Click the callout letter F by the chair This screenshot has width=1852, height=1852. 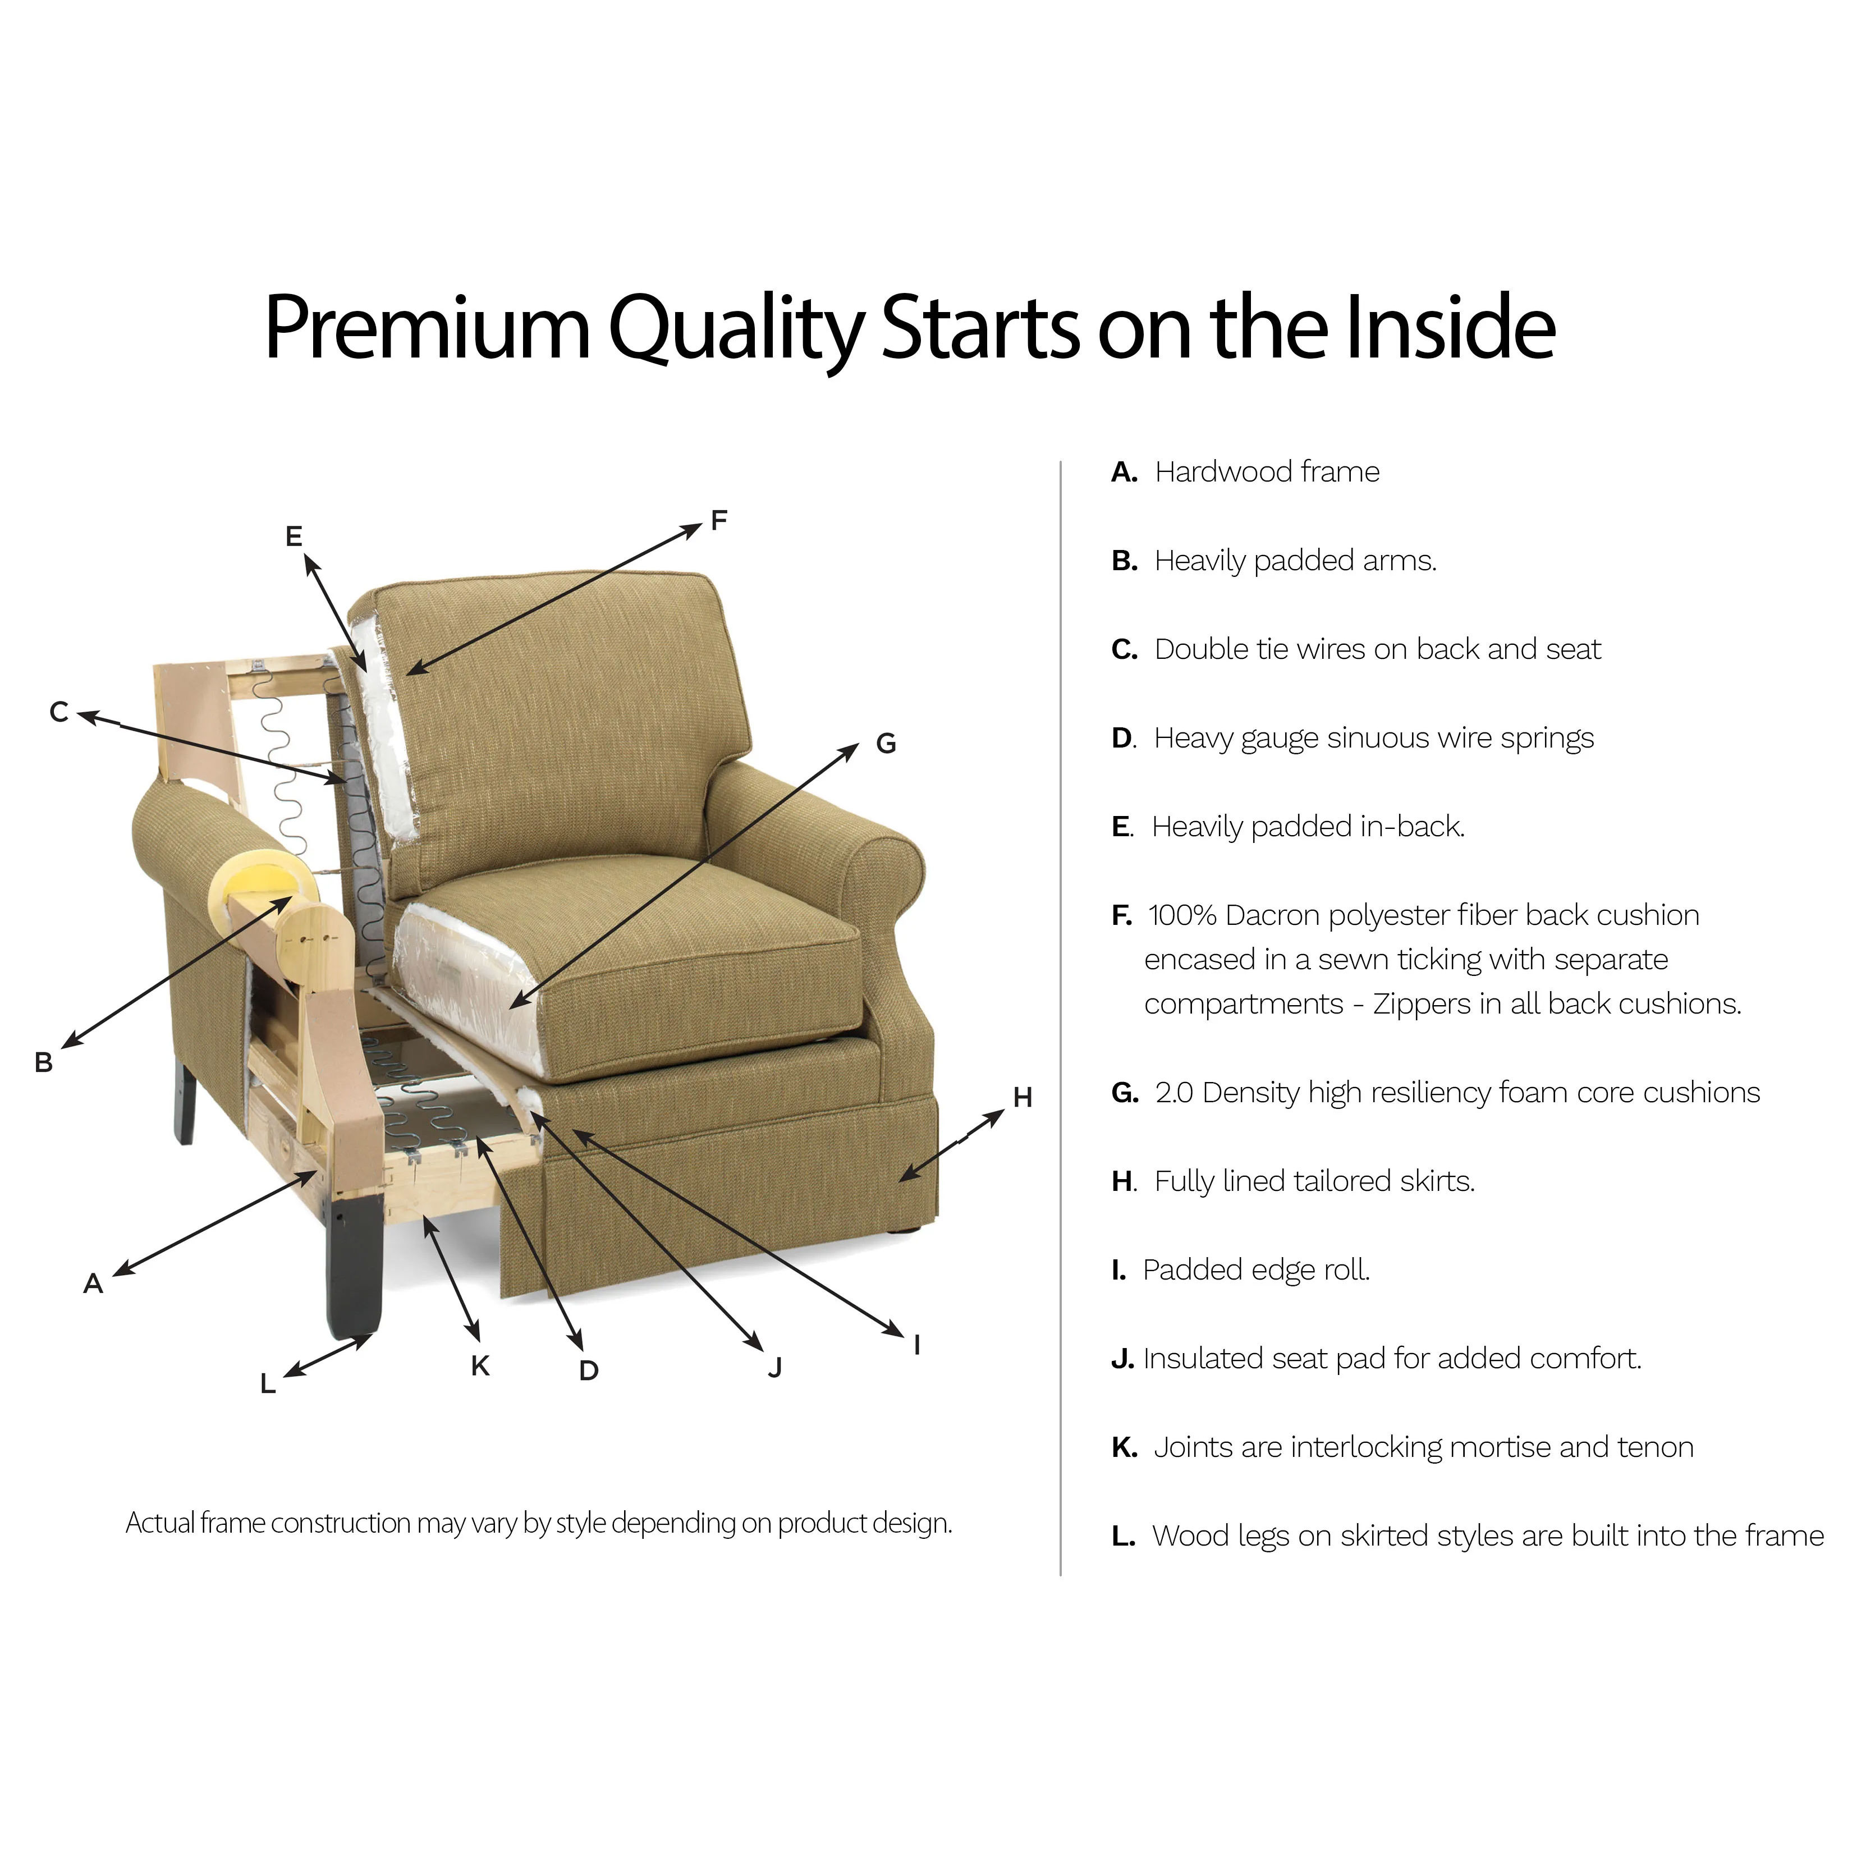[x=719, y=520]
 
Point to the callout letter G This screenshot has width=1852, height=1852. [x=886, y=743]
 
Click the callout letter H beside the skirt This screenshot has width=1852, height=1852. [x=1023, y=1098]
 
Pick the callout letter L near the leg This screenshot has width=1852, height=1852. [x=268, y=1384]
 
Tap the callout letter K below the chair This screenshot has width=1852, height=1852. [x=480, y=1366]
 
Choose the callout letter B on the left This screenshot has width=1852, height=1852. [x=43, y=1063]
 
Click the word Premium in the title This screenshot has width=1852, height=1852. [x=428, y=328]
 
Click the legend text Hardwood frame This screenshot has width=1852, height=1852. [x=1267, y=471]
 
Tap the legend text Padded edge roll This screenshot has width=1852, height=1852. [x=1257, y=1270]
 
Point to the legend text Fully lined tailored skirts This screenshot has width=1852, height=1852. [x=1314, y=1181]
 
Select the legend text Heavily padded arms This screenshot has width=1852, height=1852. [x=1296, y=561]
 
